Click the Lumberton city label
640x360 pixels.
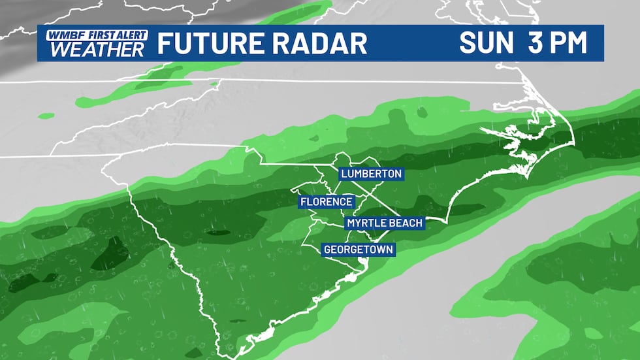click(370, 174)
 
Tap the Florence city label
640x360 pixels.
click(327, 202)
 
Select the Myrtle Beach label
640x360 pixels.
click(385, 223)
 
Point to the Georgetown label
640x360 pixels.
click(359, 249)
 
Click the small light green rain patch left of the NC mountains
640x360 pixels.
click(46, 116)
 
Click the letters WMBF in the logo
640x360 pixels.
click(59, 34)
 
